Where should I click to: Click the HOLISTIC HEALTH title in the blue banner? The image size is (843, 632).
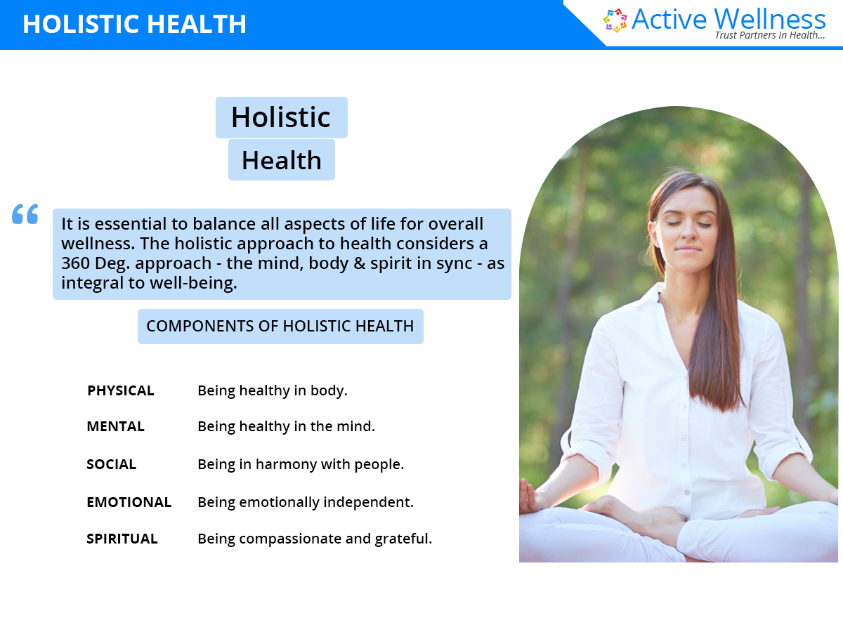pos(134,24)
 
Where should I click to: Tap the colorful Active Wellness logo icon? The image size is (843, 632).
pos(615,20)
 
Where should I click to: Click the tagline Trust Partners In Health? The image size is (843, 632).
pos(769,35)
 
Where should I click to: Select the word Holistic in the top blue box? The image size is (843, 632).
pos(281,117)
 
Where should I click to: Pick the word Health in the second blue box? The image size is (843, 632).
pos(281,160)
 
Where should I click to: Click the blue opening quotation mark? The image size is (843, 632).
pos(25,214)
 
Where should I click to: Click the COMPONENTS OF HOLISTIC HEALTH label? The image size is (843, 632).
pos(280,327)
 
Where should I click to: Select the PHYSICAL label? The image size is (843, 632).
pos(120,390)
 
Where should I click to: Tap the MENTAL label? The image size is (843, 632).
pos(115,426)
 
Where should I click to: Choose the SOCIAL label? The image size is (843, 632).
pos(111,464)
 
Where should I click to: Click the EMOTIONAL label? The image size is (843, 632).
pos(129,502)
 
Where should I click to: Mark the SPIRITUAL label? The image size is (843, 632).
pos(122,539)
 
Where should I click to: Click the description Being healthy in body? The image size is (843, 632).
pos(272,390)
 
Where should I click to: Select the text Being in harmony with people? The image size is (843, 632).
pos(300,464)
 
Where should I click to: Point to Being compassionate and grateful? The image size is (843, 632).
pos(314,539)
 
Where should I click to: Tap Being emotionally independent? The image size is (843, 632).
pos(305,502)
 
